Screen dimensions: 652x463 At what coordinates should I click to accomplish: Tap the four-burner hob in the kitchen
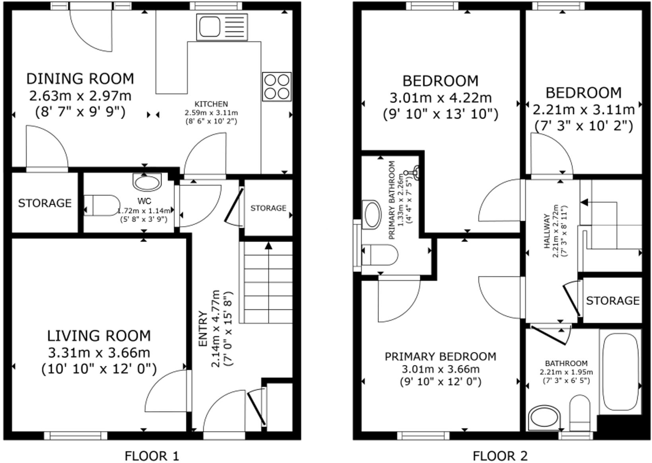pyautogui.click(x=277, y=87)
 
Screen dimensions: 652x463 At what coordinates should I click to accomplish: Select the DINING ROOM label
pyautogui.click(x=80, y=79)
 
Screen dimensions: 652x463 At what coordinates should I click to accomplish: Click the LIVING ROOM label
pyautogui.click(x=99, y=336)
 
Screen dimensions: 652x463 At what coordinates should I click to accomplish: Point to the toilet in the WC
pyautogui.click(x=102, y=205)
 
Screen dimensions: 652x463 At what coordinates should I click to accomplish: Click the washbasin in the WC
pyautogui.click(x=147, y=182)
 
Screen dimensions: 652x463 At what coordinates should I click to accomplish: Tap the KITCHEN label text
pyautogui.click(x=212, y=104)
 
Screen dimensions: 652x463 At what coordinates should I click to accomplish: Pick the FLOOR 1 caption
pyautogui.click(x=151, y=456)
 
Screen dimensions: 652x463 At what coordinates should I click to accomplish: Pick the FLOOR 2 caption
pyautogui.click(x=500, y=456)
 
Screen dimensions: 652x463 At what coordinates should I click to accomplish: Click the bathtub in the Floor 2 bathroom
pyautogui.click(x=621, y=372)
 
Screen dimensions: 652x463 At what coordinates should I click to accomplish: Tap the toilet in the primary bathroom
pyautogui.click(x=379, y=255)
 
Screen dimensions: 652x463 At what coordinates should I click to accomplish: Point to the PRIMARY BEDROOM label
pyautogui.click(x=440, y=357)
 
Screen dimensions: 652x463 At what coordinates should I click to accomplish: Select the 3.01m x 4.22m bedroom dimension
pyautogui.click(x=440, y=98)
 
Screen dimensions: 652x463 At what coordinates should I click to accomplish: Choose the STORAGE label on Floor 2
pyautogui.click(x=613, y=301)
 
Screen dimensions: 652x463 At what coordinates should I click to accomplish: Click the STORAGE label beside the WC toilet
pyautogui.click(x=45, y=203)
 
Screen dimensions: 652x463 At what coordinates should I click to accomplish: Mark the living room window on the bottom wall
pyautogui.click(x=76, y=436)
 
